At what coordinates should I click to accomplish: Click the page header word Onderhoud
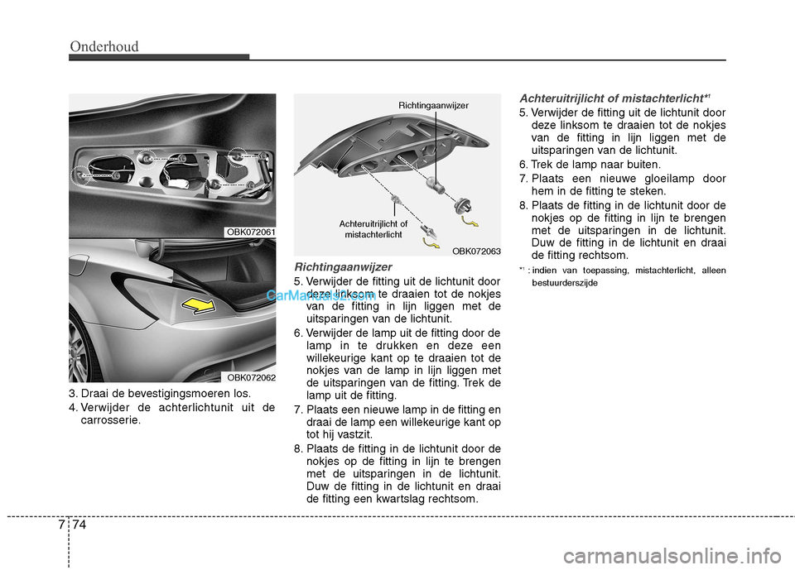104,46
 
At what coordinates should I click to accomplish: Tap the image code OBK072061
251,232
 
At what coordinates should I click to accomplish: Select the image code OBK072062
251,377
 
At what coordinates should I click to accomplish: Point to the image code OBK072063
476,249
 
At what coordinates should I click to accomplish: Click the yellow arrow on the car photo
202,306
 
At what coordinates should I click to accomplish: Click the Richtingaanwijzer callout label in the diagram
433,105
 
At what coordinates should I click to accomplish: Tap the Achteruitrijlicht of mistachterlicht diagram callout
373,229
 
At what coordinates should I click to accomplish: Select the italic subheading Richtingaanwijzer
343,267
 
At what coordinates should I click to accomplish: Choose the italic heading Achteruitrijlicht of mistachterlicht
611,98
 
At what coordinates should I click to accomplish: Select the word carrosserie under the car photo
110,419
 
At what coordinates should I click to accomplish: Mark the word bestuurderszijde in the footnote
564,283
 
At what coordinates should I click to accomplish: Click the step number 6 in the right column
523,165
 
